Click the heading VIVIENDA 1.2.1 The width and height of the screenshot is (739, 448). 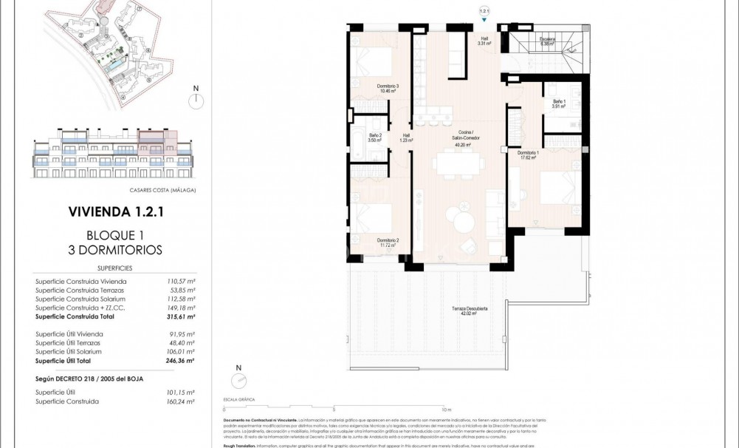pos(114,211)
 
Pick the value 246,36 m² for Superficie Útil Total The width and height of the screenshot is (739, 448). pos(180,361)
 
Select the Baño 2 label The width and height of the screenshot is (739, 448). pos(375,137)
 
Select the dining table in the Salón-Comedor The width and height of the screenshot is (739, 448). pos(460,163)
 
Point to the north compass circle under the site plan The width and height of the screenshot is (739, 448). pos(196,102)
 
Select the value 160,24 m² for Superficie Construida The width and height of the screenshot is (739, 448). pos(180,401)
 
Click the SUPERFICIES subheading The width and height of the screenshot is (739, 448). pos(114,268)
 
